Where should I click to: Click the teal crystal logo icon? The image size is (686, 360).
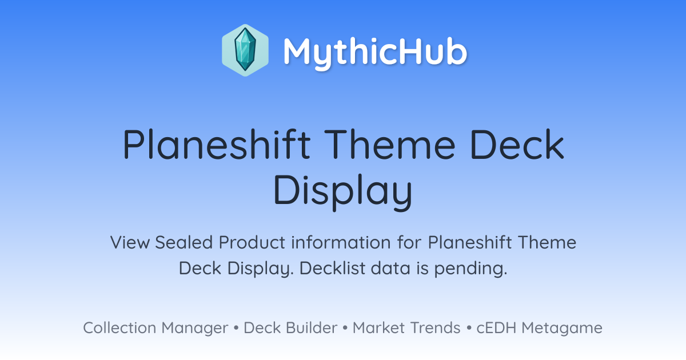[245, 50]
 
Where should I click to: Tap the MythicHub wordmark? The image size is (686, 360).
[375, 52]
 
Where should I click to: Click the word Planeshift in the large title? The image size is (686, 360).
[217, 144]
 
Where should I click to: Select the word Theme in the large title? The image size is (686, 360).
[389, 144]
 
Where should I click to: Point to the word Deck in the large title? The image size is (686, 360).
[517, 144]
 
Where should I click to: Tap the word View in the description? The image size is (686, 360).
[130, 242]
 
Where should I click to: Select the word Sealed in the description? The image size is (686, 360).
[184, 242]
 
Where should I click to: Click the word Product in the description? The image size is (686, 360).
[252, 242]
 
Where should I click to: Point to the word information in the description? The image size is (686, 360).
[341, 242]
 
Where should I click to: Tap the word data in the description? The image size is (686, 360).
[390, 268]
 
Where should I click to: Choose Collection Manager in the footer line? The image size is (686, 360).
[155, 328]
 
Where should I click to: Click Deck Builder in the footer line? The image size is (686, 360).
[290, 327]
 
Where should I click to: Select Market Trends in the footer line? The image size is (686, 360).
[406, 327]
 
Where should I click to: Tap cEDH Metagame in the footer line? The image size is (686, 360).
[539, 328]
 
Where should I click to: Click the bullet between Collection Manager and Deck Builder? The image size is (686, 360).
[236, 328]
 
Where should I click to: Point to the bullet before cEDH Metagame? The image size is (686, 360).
[469, 328]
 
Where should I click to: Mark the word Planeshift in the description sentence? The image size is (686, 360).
[470, 242]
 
